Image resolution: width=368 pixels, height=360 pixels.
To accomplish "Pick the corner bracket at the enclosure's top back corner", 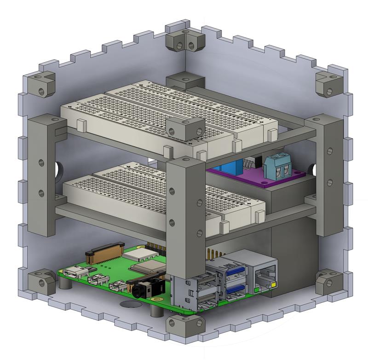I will point(185,41).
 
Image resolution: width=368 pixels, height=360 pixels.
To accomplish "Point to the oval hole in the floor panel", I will point(131,304).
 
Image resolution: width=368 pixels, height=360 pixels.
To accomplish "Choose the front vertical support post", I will point(185,216).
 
